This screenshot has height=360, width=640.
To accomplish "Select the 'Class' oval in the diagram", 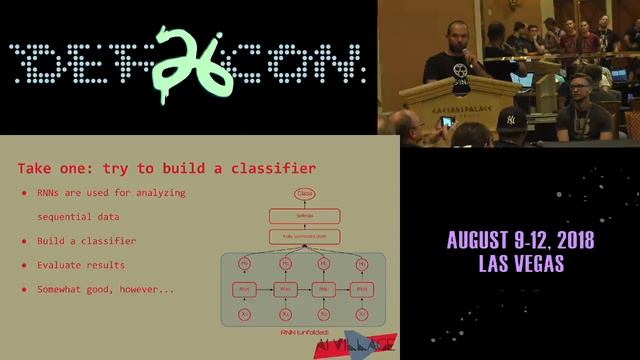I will [x=304, y=193].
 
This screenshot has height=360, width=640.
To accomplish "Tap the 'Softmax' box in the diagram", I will [x=304, y=215].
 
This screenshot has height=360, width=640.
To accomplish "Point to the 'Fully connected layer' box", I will [x=304, y=237].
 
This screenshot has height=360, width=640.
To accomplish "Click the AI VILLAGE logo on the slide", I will [x=355, y=343].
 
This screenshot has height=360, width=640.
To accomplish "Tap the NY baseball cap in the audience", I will [x=511, y=120].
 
